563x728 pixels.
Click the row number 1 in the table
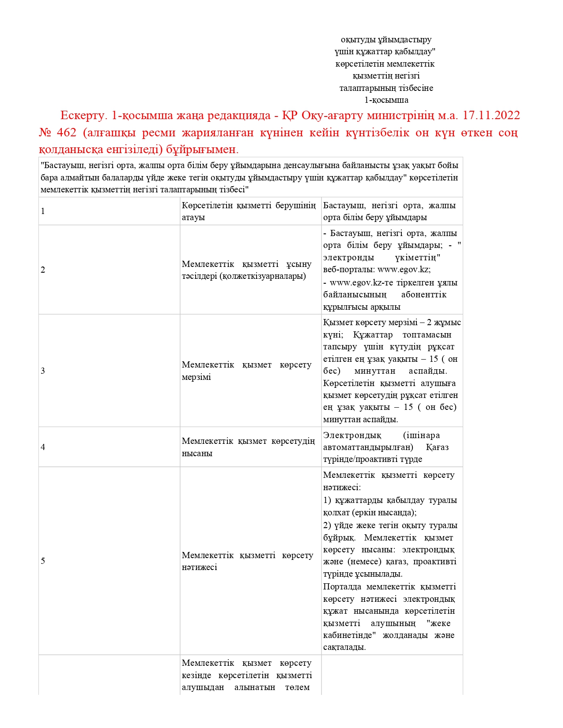click(43, 211)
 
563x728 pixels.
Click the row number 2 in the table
click(43, 270)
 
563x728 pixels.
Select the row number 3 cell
click(43, 371)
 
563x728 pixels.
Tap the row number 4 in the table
click(43, 447)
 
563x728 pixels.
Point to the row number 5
click(43, 561)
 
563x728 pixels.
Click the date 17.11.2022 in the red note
click(491, 116)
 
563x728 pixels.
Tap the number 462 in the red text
click(66, 132)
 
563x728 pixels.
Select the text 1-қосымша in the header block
click(386, 100)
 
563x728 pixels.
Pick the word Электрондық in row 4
click(352, 435)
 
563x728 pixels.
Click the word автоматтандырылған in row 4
click(368, 447)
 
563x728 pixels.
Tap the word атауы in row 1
click(193, 218)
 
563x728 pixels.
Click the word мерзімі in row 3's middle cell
click(196, 377)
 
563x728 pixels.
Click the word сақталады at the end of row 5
click(344, 648)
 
